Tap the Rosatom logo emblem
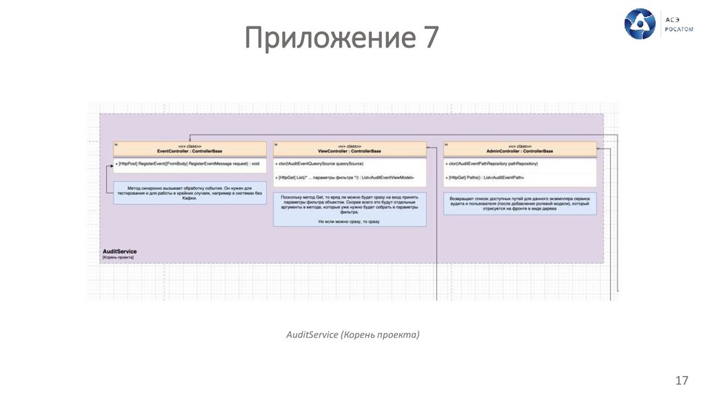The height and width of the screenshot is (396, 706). (x=639, y=23)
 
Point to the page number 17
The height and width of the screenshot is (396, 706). (x=682, y=380)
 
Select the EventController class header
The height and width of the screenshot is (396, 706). (x=190, y=148)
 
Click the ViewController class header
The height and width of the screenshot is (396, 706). (x=349, y=148)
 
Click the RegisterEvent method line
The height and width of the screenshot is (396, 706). (x=188, y=164)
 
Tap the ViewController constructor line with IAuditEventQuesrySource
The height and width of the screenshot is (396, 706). (x=319, y=164)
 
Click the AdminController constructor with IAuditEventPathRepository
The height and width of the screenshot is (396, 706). (x=492, y=164)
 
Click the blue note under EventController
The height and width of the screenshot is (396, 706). (x=190, y=192)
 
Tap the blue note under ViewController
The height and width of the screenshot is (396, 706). (x=349, y=209)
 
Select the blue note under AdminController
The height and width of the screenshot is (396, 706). (x=520, y=204)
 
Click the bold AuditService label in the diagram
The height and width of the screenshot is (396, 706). (x=119, y=251)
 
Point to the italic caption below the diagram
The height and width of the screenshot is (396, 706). (x=352, y=335)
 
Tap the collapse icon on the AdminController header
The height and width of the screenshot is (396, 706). (x=447, y=144)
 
